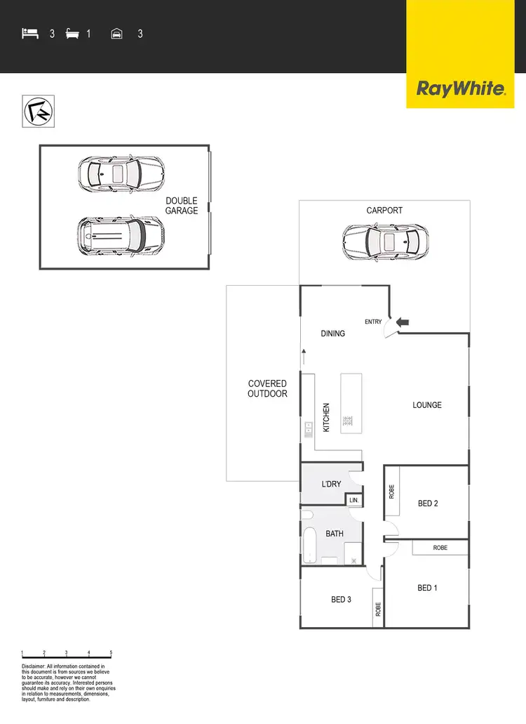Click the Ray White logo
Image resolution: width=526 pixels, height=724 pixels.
[461, 88]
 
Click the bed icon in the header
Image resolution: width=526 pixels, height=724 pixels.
[30, 33]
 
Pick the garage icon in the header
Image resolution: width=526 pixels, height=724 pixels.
[117, 33]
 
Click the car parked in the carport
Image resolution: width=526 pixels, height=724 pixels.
[385, 242]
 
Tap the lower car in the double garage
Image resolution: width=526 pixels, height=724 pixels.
[120, 236]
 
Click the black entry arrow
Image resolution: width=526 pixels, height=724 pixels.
[403, 322]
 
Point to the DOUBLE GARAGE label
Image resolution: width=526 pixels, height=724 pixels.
[182, 206]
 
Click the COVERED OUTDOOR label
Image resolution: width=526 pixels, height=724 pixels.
[267, 388]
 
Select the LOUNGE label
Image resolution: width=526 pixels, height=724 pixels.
[427, 405]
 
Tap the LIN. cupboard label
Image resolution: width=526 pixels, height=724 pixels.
[354, 500]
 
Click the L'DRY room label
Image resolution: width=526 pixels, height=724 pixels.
[331, 485]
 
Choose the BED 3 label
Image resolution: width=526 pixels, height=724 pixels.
[341, 600]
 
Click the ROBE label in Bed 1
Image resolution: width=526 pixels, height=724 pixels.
[440, 547]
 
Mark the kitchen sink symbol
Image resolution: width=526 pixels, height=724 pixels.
[308, 429]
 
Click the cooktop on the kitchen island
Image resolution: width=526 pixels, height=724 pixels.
[346, 421]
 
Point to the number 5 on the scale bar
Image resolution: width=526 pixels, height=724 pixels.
[111, 653]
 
